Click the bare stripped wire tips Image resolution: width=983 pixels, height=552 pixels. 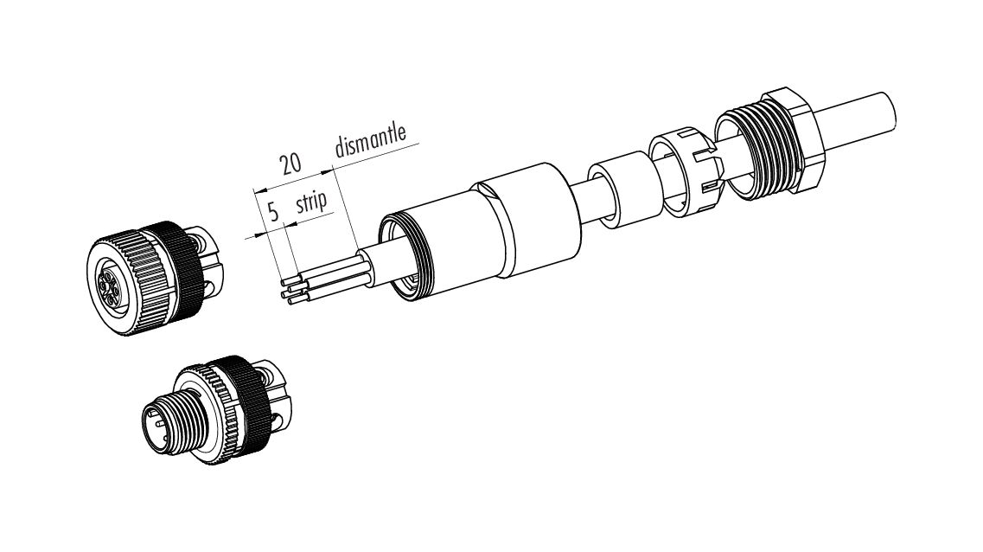290,290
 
